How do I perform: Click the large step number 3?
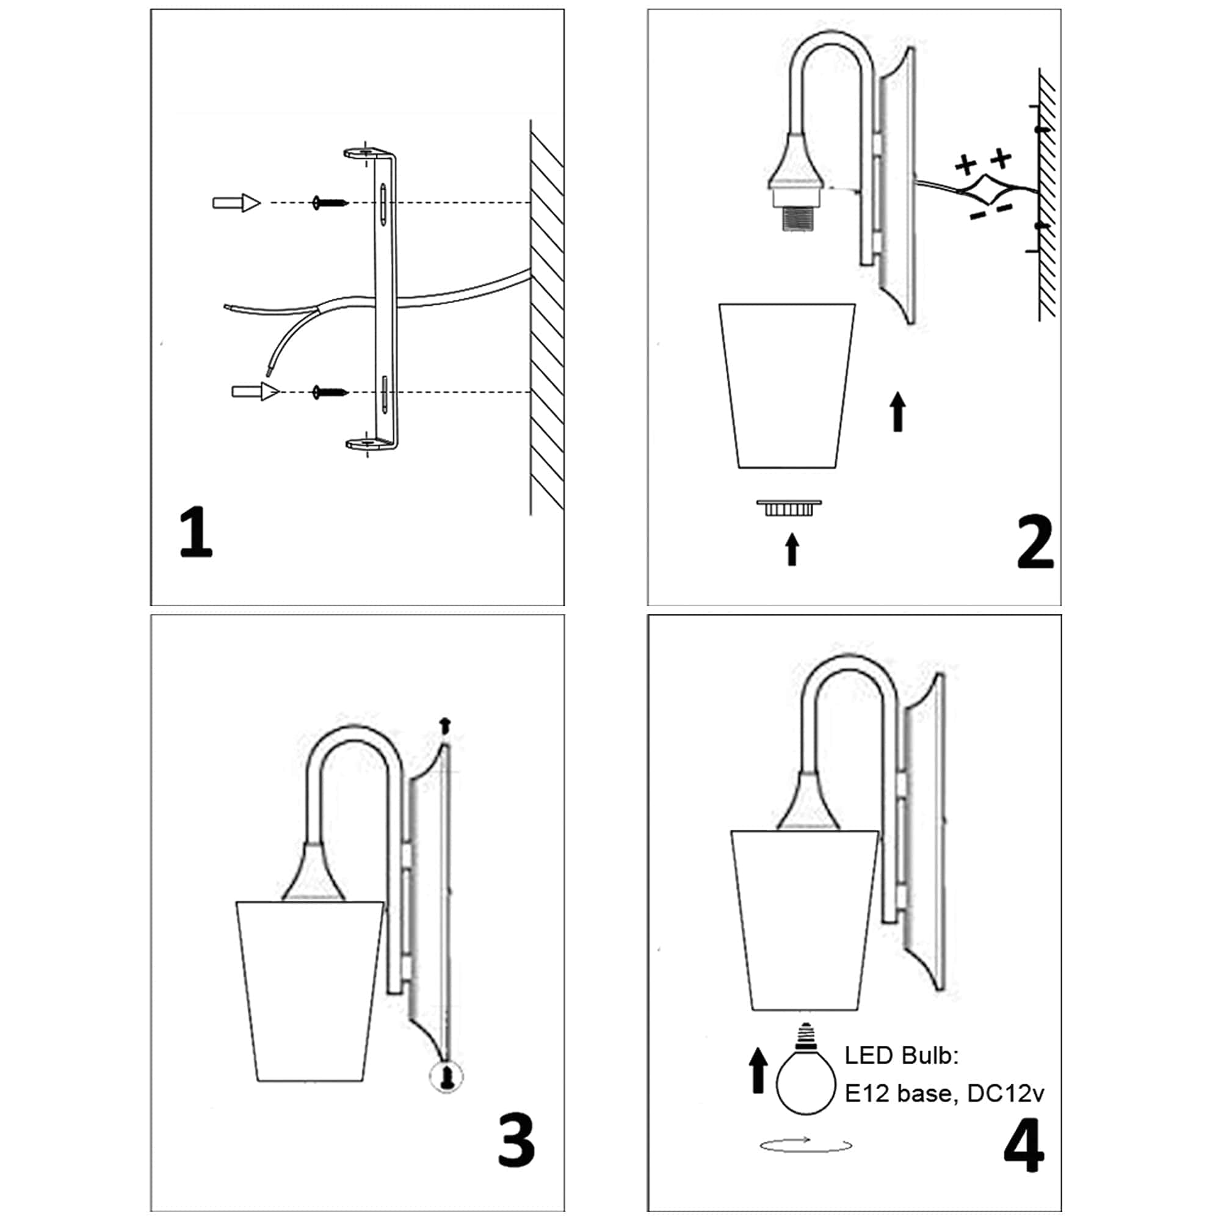pyautogui.click(x=516, y=1141)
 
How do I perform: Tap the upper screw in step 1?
pyautogui.click(x=330, y=203)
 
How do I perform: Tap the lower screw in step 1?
pyautogui.click(x=330, y=393)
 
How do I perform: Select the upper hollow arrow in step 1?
pyautogui.click(x=236, y=203)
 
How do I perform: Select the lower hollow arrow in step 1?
pyautogui.click(x=255, y=391)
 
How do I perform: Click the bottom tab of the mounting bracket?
pyautogui.click(x=369, y=444)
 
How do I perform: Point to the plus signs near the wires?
pyautogui.click(x=984, y=162)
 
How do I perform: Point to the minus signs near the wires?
pyautogui.click(x=991, y=211)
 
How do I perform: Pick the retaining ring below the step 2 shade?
pyautogui.click(x=789, y=507)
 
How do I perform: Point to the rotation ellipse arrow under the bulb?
pyautogui.click(x=806, y=1145)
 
